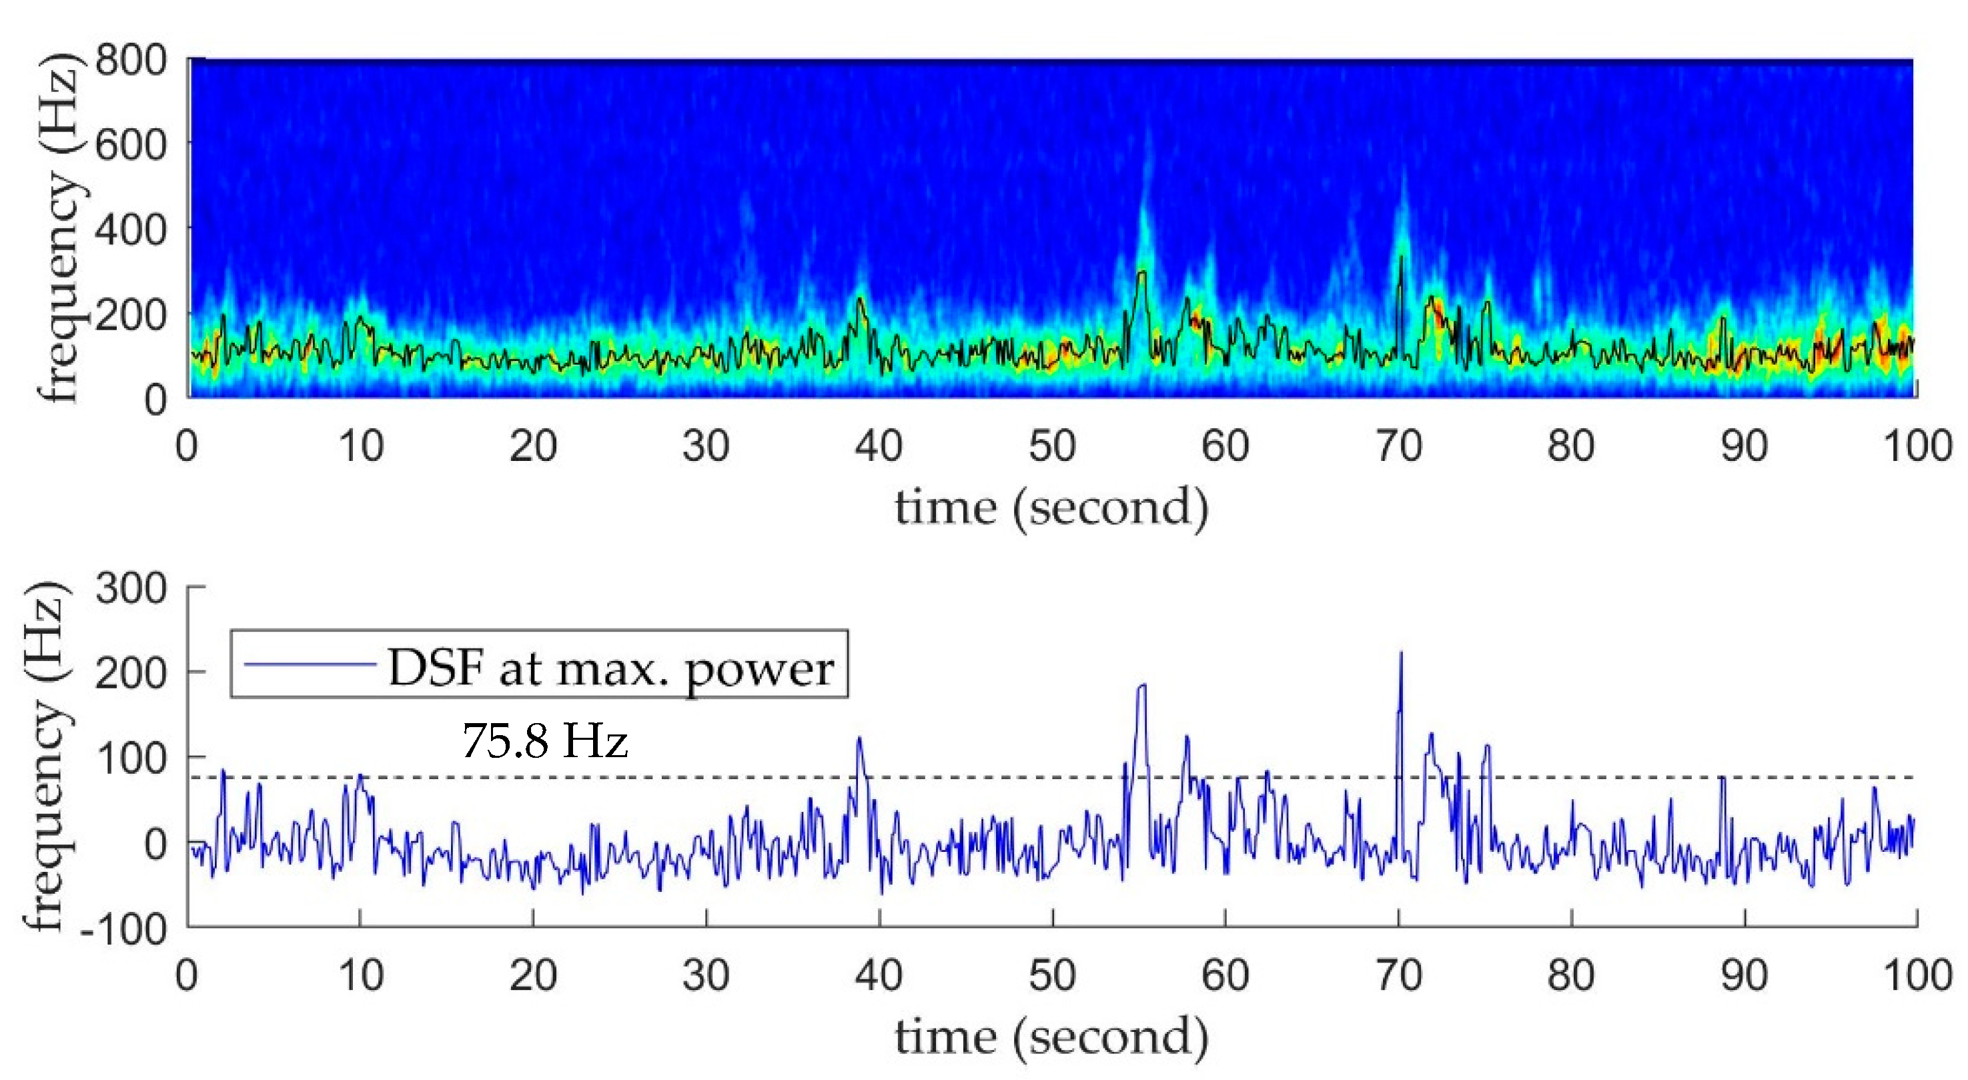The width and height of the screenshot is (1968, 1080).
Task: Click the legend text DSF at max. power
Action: (610, 668)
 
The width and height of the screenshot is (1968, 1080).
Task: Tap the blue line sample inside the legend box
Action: (310, 664)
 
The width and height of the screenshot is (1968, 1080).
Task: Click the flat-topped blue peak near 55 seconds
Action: (1142, 686)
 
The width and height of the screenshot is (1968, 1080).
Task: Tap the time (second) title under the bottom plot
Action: (1051, 1037)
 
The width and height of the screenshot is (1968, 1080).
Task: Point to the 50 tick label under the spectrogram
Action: (1051, 446)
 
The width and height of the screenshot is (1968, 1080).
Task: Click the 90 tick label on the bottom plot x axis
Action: (1744, 975)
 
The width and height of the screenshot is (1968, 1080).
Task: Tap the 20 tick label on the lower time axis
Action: (532, 975)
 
